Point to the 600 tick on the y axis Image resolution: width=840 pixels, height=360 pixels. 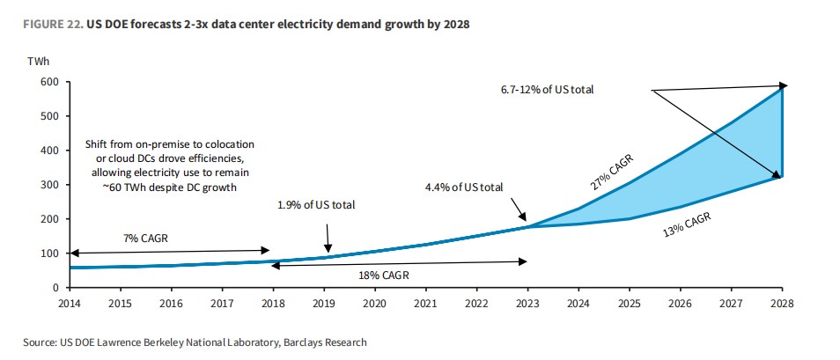coord(49,82)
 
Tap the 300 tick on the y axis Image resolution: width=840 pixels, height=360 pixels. coord(49,185)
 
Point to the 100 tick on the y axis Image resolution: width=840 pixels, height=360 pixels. coord(49,253)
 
